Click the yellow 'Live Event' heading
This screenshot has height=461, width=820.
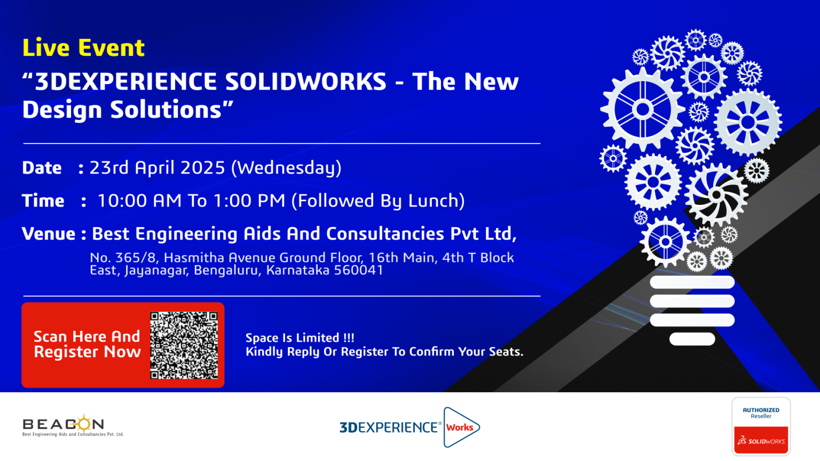click(83, 49)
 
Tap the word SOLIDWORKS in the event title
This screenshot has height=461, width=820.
click(306, 81)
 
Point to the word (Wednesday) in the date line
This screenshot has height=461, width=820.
click(286, 168)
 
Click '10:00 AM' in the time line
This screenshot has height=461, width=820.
click(139, 201)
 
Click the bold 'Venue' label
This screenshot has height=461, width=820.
click(49, 234)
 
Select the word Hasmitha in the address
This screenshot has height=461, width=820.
click(194, 258)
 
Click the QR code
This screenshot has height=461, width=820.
click(184, 345)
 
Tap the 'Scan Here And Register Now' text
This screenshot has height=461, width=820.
click(87, 344)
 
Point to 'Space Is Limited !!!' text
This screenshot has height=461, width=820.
click(300, 338)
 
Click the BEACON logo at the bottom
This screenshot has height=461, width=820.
click(73, 425)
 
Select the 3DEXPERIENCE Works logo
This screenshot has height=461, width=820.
click(409, 427)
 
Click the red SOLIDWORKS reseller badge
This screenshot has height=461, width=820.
click(761, 440)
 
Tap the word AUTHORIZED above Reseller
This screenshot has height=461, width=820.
click(761, 410)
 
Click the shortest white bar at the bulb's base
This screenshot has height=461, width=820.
click(692, 339)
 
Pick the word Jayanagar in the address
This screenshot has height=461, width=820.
click(156, 271)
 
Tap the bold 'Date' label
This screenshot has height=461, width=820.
click(42, 168)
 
